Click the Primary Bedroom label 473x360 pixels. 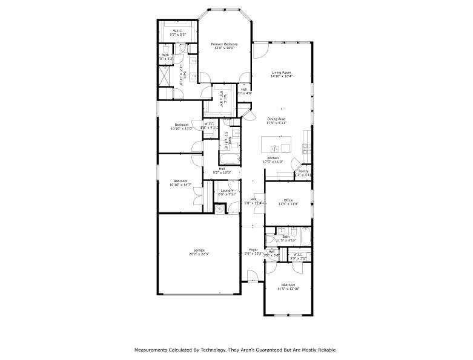coord(223,44)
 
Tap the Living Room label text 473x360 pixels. coord(282,73)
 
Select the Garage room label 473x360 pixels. coord(199,250)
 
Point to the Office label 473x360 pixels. coord(288,200)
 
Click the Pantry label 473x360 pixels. coord(303,171)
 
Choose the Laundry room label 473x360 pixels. coord(227,191)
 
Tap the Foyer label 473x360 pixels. coord(253,250)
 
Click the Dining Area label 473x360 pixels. coord(276,119)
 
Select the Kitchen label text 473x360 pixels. coord(273,158)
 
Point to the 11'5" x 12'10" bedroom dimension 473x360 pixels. coord(288,289)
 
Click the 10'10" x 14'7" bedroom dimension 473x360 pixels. coord(180,185)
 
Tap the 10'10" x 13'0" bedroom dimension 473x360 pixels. coord(180,128)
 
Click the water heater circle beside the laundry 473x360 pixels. coord(219,209)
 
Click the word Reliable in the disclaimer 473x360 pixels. coord(325,350)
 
